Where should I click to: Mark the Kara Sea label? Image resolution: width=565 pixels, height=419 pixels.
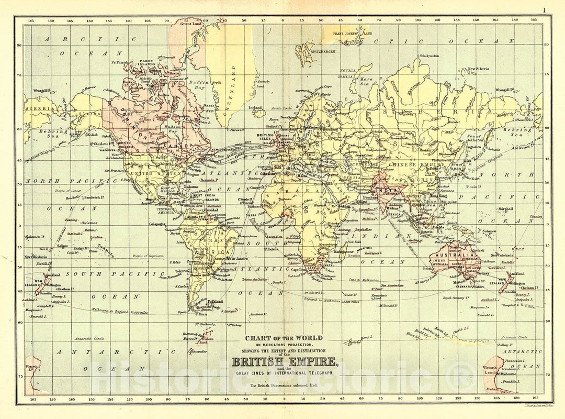366,80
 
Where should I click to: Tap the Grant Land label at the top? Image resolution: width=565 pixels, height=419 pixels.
191,24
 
